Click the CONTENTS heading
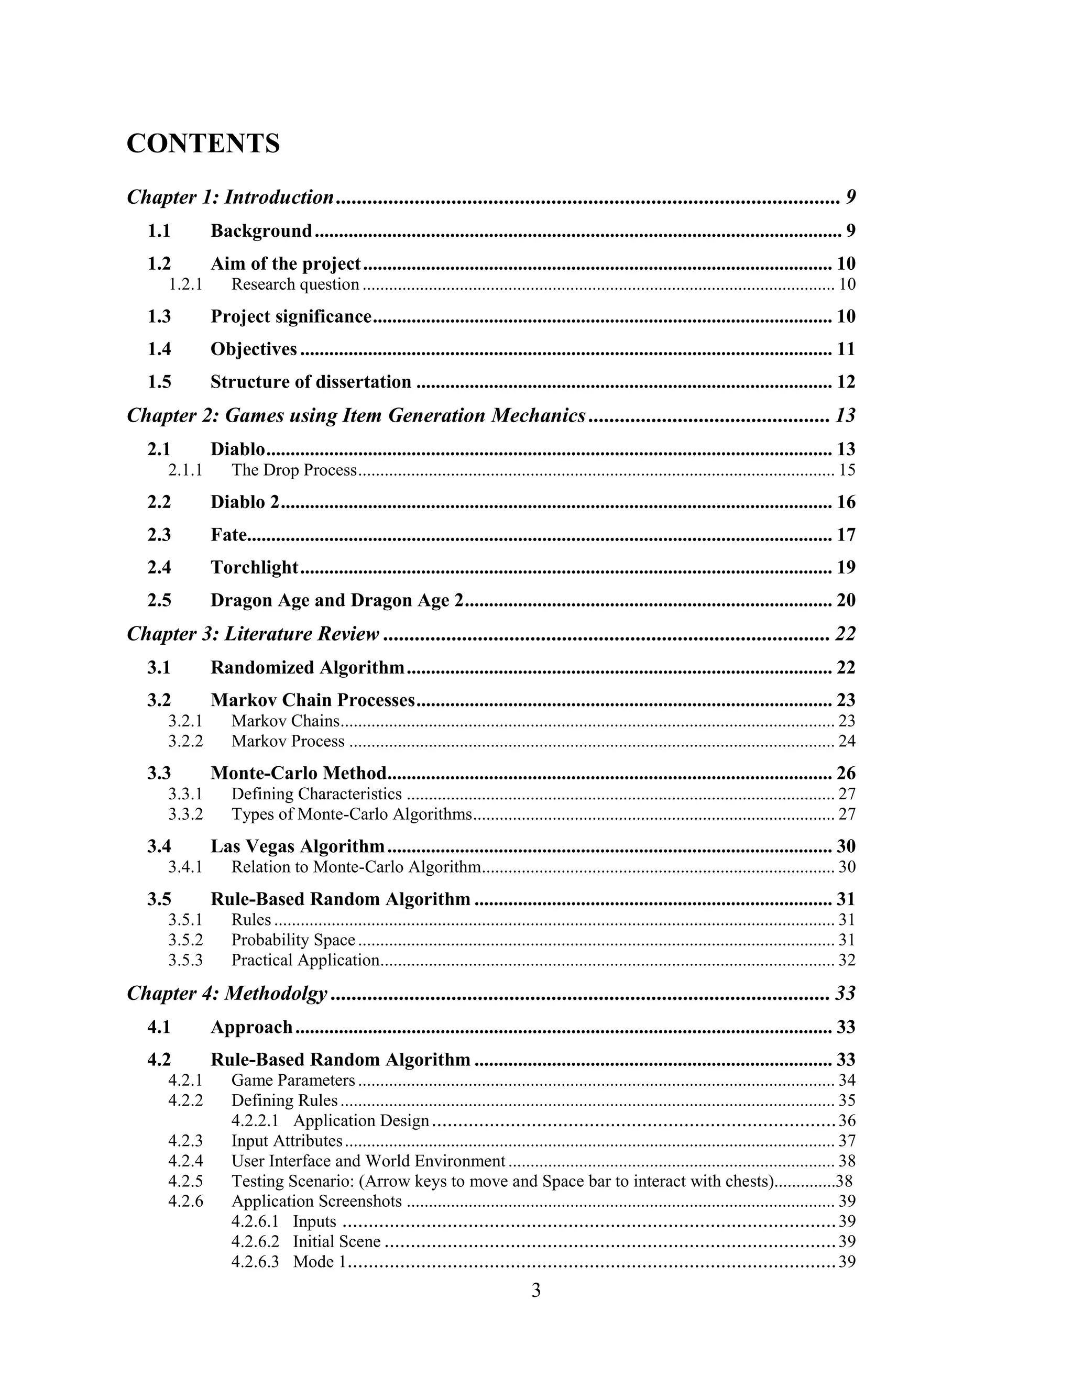(203, 144)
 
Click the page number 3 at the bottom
(536, 1290)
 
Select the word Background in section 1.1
(261, 230)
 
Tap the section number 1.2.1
(185, 284)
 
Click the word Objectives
(254, 349)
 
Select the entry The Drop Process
(294, 470)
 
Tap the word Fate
(228, 534)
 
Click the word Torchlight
(254, 567)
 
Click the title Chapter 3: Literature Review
(253, 634)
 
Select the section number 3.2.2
(185, 741)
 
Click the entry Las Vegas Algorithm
(298, 846)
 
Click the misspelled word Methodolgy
(276, 993)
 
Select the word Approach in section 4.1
(251, 1027)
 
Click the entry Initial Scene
(336, 1241)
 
